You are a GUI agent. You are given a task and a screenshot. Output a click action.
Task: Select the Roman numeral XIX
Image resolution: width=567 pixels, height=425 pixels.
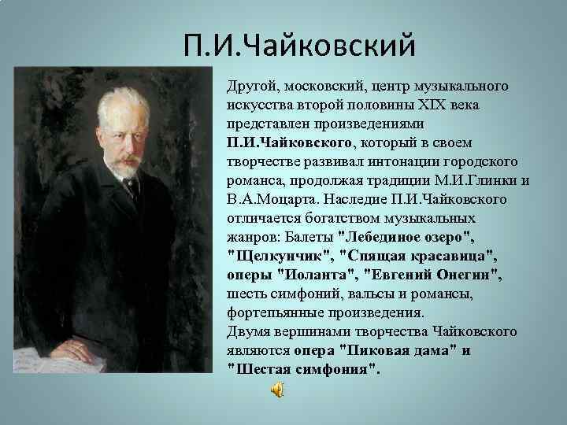(x=446, y=105)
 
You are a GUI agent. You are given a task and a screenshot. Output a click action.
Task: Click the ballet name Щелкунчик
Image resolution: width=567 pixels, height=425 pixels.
(x=280, y=256)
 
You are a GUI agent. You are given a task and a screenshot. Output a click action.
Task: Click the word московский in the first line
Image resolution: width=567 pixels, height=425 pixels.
(x=322, y=84)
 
